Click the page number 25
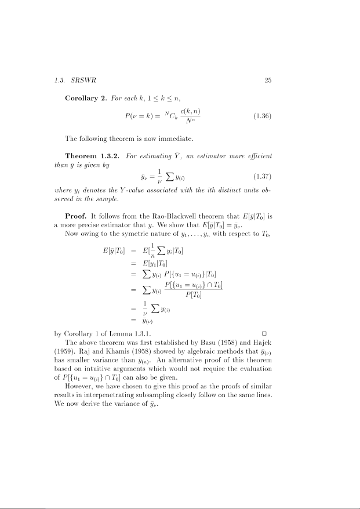coord(268,81)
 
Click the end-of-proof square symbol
coord(264,333)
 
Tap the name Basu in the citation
coord(207,343)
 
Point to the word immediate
coord(180,139)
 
